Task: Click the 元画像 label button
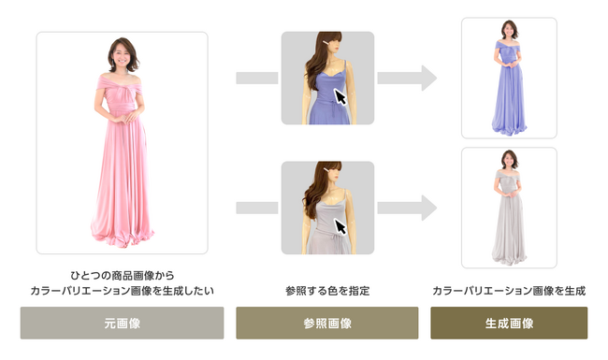point(122,324)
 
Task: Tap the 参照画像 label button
point(326,324)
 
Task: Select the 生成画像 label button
point(509,324)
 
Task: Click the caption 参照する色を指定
point(326,291)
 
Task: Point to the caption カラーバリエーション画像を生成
point(509,291)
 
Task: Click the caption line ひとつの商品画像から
point(122,276)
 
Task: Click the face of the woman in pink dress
point(123,54)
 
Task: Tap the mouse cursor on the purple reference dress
point(342,98)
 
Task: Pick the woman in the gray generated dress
point(509,209)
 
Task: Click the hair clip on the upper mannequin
point(322,42)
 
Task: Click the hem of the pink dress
point(123,229)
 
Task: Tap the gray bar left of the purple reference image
point(253,78)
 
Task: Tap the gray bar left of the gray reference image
point(253,208)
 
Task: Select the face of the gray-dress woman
point(509,159)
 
